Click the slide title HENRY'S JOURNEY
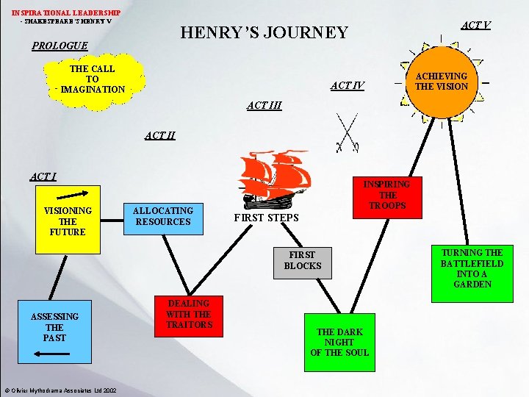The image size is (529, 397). [x=264, y=32]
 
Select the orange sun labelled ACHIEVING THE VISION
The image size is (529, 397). [x=441, y=81]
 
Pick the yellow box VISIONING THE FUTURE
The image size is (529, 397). [x=68, y=221]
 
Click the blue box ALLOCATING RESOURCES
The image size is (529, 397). [x=163, y=216]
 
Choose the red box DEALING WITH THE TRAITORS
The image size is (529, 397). [x=190, y=314]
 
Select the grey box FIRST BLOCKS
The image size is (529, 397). [x=303, y=260]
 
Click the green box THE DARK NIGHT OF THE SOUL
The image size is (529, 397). [x=339, y=342]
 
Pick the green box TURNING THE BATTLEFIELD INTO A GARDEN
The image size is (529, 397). [x=472, y=268]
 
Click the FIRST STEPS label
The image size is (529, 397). [x=266, y=218]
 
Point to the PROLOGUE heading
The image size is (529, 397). [x=60, y=46]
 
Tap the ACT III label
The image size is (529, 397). [x=264, y=106]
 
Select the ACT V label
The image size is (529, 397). [x=476, y=26]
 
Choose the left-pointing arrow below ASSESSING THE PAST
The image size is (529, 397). [x=54, y=354]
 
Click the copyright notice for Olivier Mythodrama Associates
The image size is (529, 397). [x=59, y=390]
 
